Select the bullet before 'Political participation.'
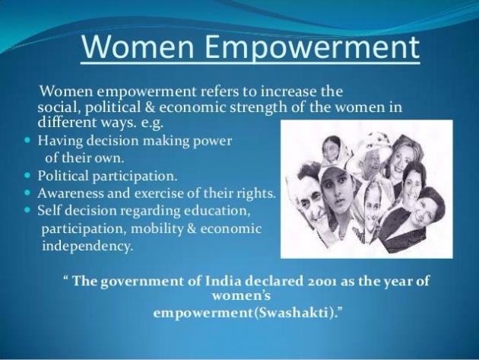pos(27,176)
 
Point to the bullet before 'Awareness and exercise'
pos(27,193)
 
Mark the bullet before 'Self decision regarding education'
pos(27,210)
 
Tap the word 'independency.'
pos(87,247)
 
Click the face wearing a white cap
pos(335,193)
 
